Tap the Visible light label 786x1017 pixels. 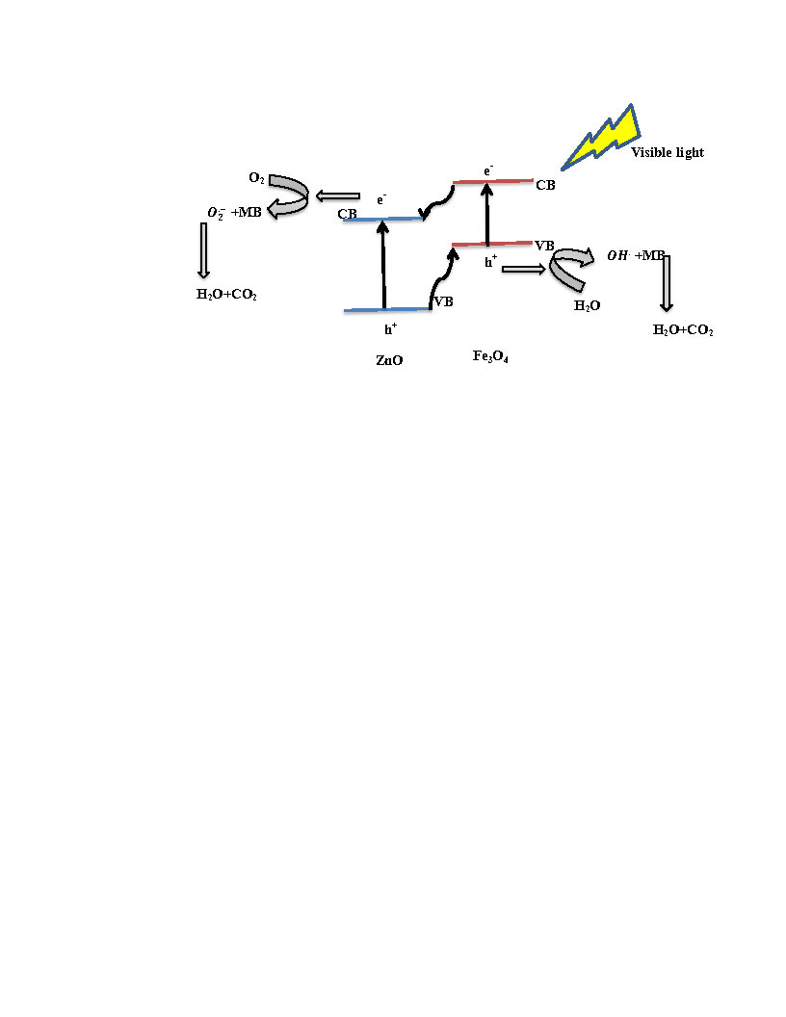[x=668, y=152]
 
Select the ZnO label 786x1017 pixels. [x=389, y=360]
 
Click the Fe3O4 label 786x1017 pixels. [x=490, y=356]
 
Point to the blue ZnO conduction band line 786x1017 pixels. [x=382, y=220]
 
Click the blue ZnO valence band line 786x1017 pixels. [x=387, y=310]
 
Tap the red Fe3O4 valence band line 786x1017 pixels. [x=492, y=244]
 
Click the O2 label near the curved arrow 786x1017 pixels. [x=257, y=178]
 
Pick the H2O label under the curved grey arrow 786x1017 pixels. [x=587, y=305]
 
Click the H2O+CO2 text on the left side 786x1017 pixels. [x=226, y=295]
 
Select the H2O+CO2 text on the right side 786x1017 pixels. [x=683, y=330]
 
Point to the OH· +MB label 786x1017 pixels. [x=636, y=255]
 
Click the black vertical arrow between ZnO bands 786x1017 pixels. [x=383, y=265]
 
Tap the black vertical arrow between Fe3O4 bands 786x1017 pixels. [x=487, y=214]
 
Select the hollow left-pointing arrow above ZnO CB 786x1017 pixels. [x=337, y=196]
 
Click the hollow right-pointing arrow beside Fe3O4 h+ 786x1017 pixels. [x=524, y=269]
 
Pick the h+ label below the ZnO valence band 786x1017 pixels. [x=390, y=329]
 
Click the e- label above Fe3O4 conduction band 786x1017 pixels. [x=488, y=170]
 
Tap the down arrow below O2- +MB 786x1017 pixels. [x=203, y=250]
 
